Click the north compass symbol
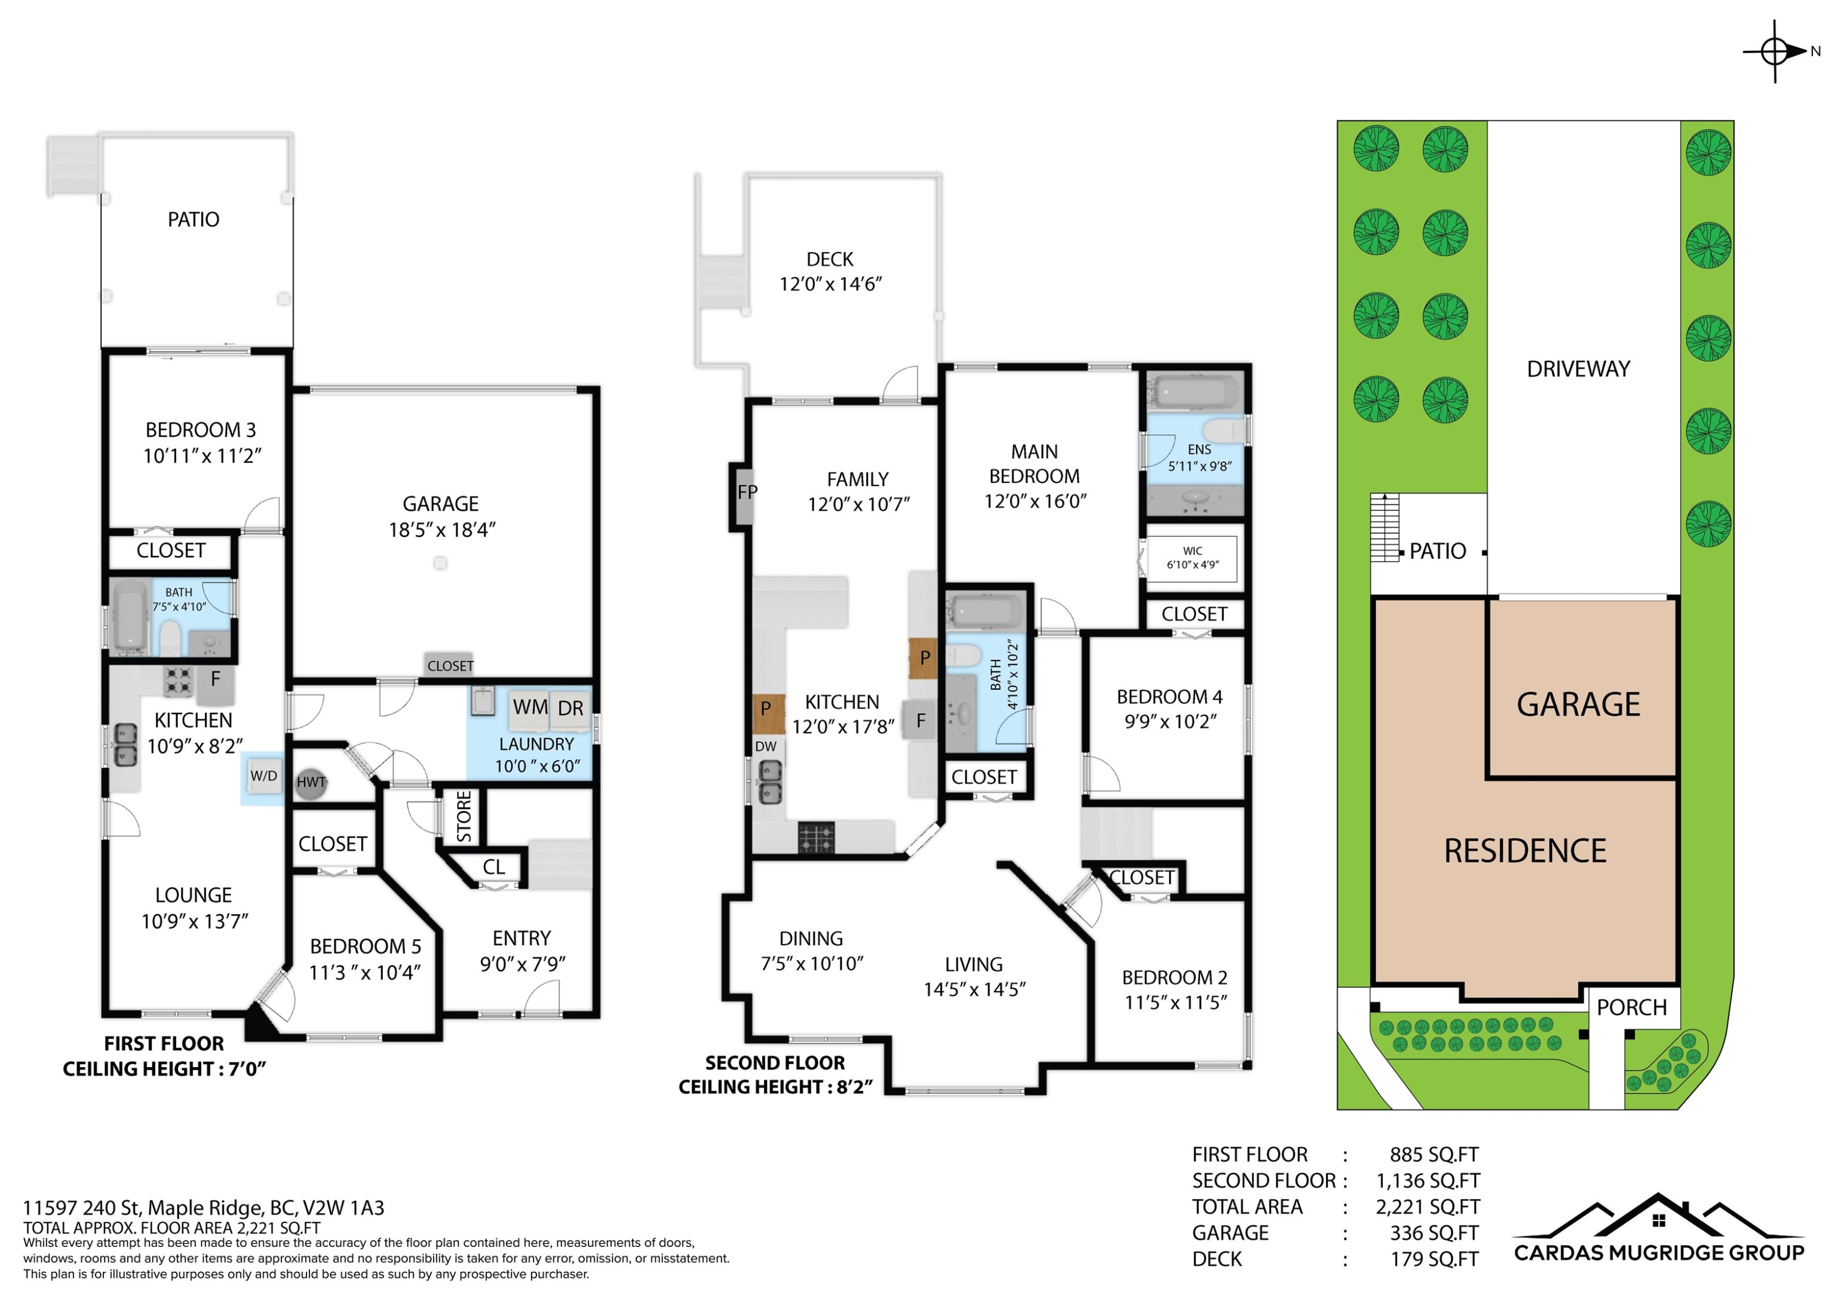click(1775, 52)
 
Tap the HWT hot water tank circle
click(310, 782)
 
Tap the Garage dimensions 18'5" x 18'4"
click(442, 530)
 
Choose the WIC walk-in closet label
click(1192, 550)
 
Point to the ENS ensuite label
click(1199, 450)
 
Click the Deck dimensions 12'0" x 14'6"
click(831, 284)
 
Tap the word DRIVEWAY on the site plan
click(1579, 369)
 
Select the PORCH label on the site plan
click(1632, 1008)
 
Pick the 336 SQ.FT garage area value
click(1434, 1232)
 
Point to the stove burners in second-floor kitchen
click(816, 838)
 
